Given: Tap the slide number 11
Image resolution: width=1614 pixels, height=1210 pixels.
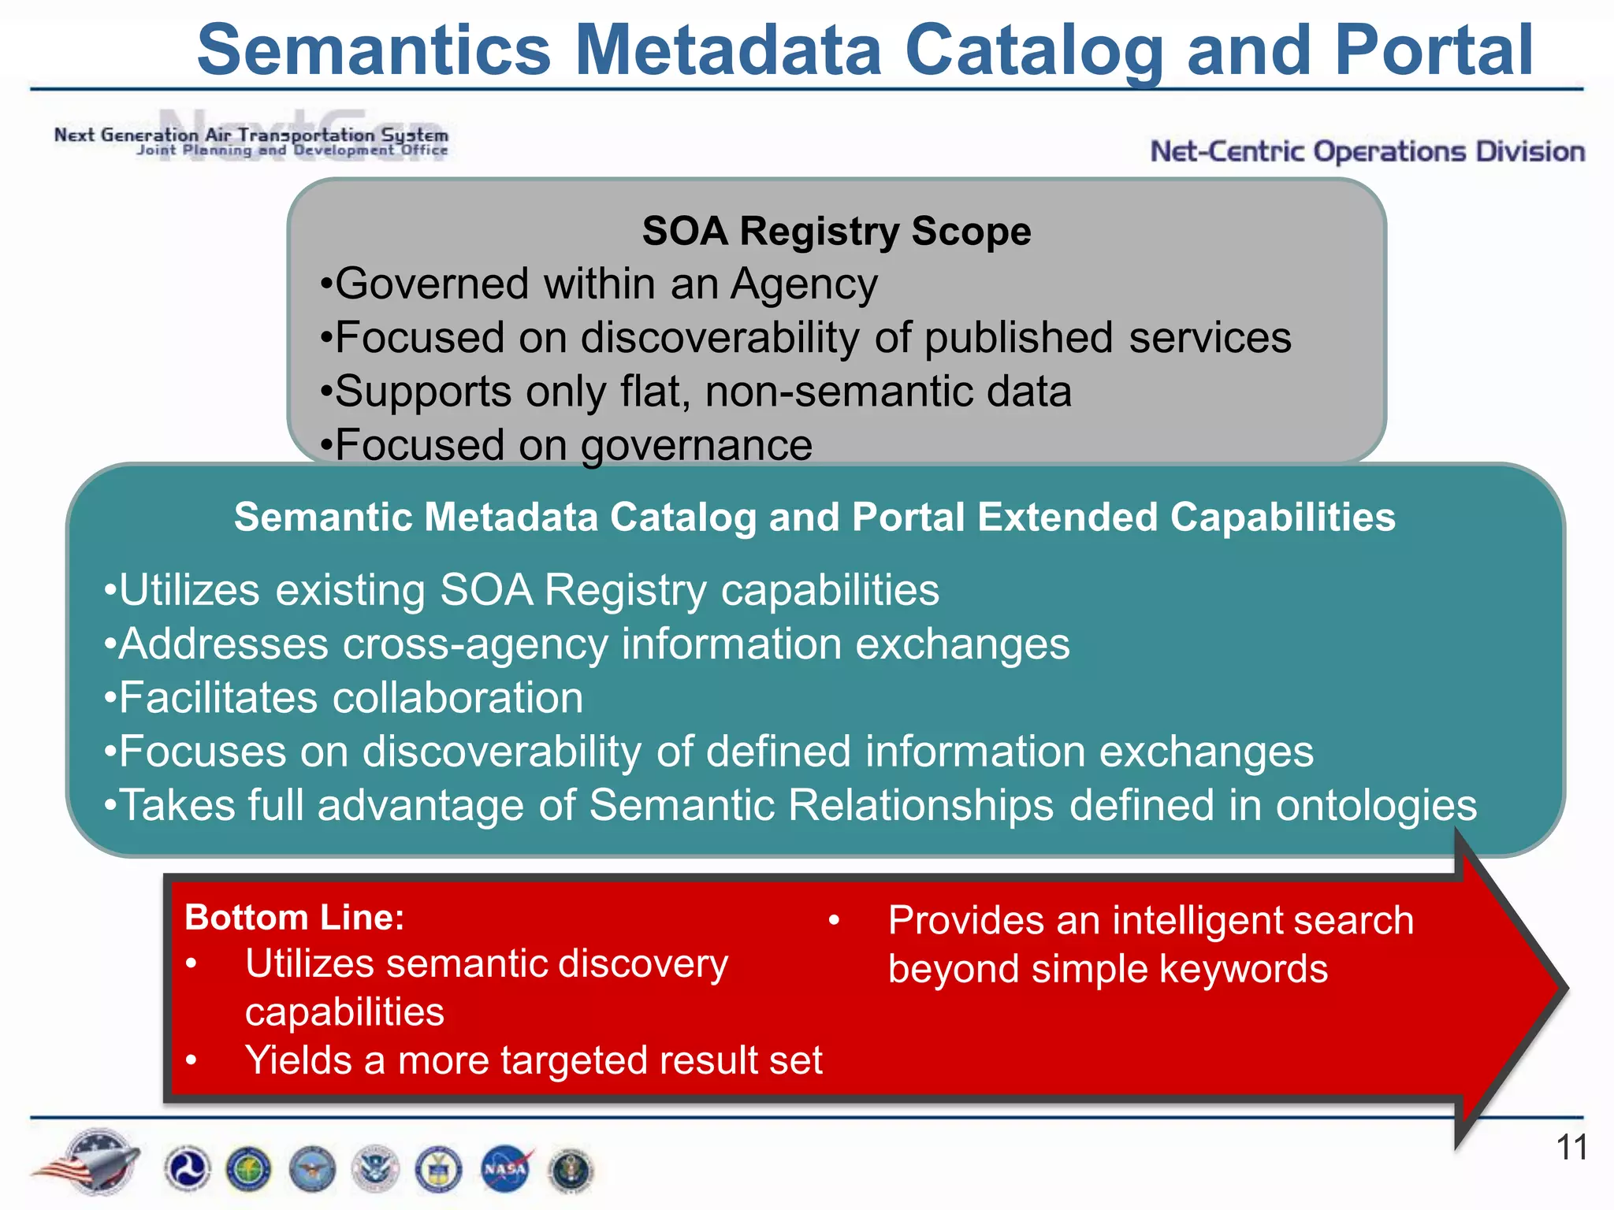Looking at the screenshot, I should [1571, 1147].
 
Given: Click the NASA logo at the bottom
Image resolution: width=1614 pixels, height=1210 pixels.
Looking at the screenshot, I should [505, 1169].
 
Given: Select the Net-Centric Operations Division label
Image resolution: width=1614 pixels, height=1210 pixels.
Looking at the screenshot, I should [1367, 151].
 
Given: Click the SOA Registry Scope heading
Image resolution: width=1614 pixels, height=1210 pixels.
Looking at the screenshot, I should [836, 232].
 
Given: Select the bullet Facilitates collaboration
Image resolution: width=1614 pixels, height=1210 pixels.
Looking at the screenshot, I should [344, 698].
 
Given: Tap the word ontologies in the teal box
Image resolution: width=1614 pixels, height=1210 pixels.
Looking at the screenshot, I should [1376, 806].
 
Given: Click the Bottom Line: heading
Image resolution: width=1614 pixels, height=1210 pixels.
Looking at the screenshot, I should [294, 918].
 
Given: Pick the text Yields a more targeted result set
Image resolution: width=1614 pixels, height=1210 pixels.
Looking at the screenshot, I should [534, 1060].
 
